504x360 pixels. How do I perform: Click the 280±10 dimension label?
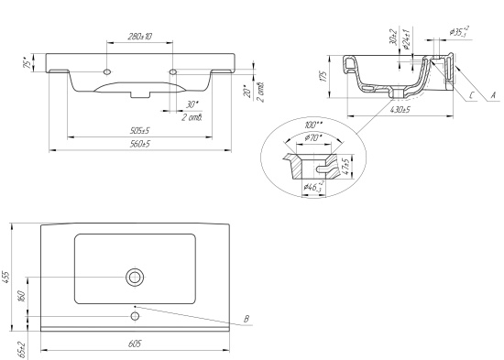[140, 37]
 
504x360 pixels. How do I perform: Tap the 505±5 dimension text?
[140, 131]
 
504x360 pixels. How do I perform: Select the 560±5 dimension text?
[140, 144]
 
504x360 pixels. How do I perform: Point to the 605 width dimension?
[135, 344]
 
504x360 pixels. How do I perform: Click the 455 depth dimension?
[6, 277]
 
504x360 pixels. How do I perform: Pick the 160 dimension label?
[21, 297]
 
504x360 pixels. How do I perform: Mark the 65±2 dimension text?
[21, 350]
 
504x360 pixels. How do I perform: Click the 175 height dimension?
[323, 76]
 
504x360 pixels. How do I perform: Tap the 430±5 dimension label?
[400, 110]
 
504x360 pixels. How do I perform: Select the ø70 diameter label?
[312, 138]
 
